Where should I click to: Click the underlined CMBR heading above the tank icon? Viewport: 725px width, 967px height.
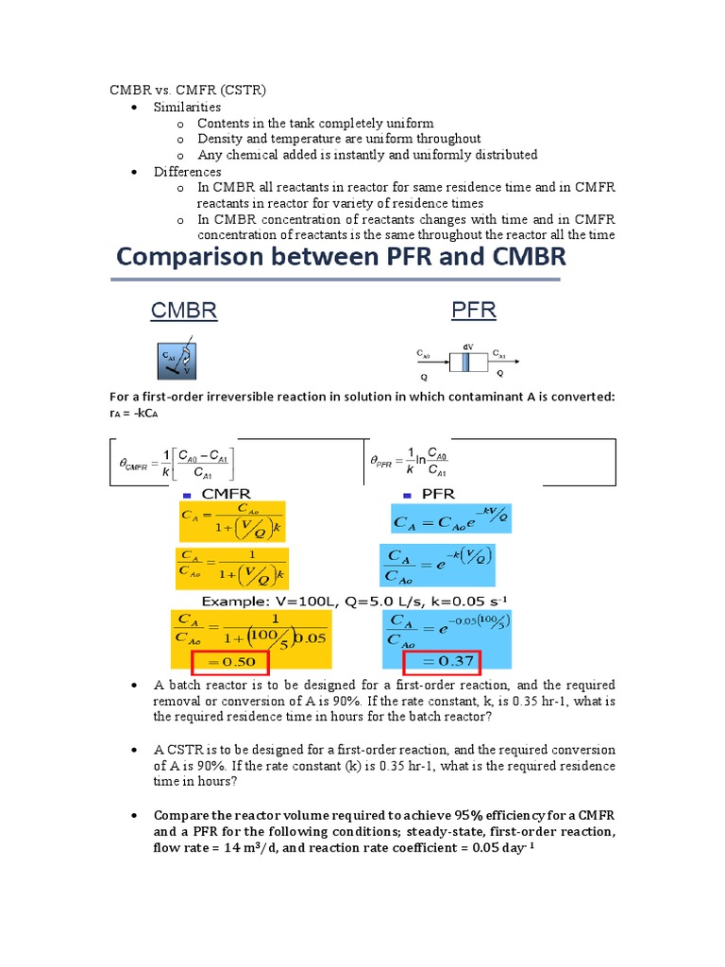[185, 312]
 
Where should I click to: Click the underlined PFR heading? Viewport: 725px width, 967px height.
[474, 311]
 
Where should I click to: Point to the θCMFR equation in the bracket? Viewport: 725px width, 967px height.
[177, 462]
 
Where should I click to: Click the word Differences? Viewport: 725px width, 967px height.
[188, 172]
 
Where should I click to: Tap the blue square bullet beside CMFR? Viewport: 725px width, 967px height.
[187, 495]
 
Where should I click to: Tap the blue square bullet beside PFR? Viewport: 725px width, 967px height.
[408, 495]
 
